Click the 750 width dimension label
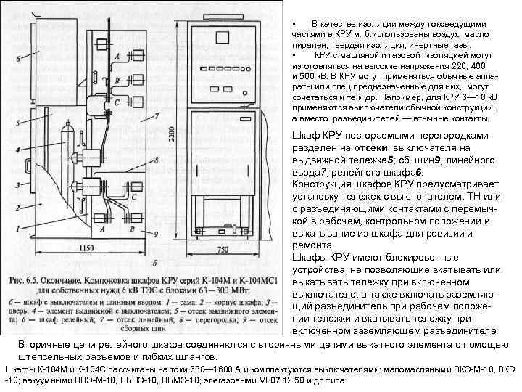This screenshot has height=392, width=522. coord(223,248)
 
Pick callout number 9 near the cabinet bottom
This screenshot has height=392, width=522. coord(156,234)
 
